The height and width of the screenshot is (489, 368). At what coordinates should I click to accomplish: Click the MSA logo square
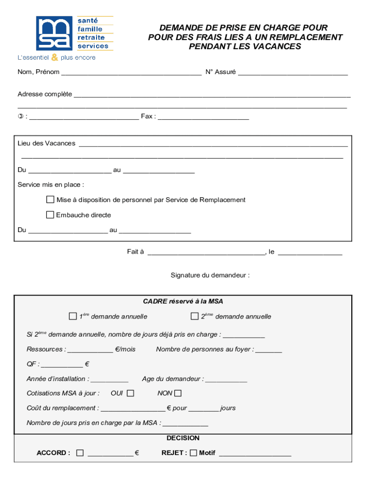pos(55,33)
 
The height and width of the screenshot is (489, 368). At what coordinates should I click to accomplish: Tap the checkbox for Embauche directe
pos(50,215)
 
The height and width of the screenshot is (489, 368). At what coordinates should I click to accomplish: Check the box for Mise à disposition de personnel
pos(50,200)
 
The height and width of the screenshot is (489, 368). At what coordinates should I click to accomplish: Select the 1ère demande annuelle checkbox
pos(73,316)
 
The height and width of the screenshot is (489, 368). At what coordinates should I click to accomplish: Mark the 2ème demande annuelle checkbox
pos(195,316)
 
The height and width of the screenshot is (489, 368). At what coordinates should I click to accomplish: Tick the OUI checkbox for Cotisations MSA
pos(130,393)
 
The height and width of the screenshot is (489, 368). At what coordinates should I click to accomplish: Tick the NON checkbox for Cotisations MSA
pos(178,393)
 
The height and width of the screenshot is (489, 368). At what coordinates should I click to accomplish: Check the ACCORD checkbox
pos(80,453)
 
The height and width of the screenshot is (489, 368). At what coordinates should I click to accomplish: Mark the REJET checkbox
pos(194,453)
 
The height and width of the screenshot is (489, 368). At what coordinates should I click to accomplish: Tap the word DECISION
pos(183,438)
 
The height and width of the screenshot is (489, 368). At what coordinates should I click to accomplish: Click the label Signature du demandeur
pos(210,276)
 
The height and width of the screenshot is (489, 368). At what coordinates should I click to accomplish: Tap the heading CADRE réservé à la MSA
pos(183,301)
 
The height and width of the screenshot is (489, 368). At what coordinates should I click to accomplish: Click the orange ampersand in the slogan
pos(54,57)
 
